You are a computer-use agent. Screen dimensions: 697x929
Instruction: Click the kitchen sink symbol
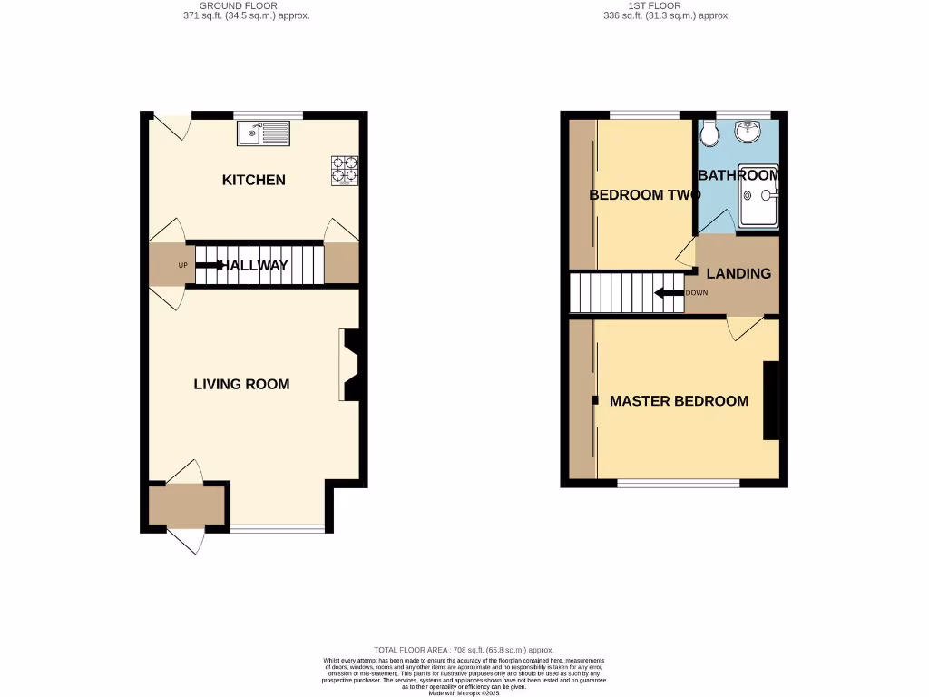click(x=263, y=134)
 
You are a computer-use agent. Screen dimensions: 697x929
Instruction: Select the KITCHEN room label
click(x=254, y=180)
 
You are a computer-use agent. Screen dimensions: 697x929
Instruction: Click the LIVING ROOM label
click(x=241, y=384)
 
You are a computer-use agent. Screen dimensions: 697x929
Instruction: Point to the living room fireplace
click(x=350, y=364)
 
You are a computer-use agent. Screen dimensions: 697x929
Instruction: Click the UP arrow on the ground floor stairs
click(x=211, y=265)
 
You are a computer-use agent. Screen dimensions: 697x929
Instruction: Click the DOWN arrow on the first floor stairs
click(x=669, y=293)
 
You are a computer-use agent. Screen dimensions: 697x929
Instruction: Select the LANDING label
click(x=738, y=273)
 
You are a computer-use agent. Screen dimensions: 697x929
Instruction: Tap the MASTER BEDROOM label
click(x=679, y=400)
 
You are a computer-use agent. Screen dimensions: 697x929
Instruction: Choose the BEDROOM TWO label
click(x=644, y=194)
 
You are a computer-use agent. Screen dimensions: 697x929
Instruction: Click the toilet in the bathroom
click(x=709, y=134)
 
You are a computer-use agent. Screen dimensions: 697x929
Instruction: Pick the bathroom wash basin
click(x=748, y=133)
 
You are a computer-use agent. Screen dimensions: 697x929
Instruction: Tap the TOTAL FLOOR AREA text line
click(x=464, y=650)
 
